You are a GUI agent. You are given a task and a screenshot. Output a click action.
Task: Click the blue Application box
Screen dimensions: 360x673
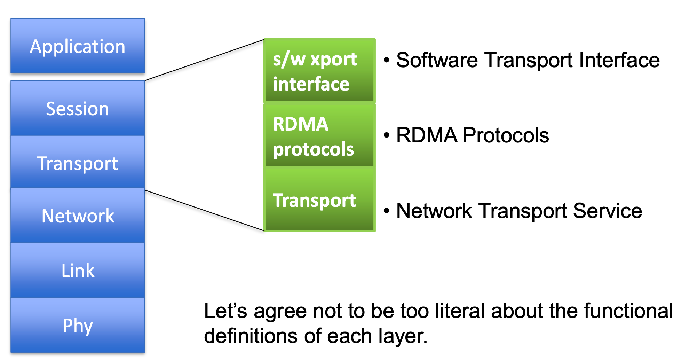pos(78,46)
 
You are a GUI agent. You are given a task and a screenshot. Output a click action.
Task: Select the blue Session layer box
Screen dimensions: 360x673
pos(78,108)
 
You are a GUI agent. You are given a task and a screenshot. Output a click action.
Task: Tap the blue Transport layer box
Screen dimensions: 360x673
pos(78,163)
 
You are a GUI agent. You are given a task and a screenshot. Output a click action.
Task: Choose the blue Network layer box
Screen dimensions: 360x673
pos(78,216)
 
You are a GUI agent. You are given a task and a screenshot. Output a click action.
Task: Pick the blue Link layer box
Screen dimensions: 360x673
pos(78,270)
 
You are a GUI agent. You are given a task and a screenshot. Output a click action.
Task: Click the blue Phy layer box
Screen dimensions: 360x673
pos(78,326)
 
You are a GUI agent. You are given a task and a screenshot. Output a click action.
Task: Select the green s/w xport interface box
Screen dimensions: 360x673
pos(319,71)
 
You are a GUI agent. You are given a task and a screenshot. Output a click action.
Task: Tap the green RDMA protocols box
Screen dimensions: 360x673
pos(319,136)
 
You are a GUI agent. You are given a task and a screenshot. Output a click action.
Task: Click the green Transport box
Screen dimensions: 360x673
pos(319,200)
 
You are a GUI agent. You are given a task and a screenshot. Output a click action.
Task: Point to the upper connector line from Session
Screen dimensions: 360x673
pos(205,60)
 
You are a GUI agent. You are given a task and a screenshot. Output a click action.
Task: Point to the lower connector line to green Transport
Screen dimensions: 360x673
pos(205,210)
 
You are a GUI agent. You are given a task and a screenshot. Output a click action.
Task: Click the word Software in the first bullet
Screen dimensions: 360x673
pos(437,60)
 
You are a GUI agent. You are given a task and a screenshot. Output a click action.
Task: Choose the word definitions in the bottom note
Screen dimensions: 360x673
pos(251,336)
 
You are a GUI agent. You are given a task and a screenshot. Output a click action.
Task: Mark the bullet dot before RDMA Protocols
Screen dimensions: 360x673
pos(386,135)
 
